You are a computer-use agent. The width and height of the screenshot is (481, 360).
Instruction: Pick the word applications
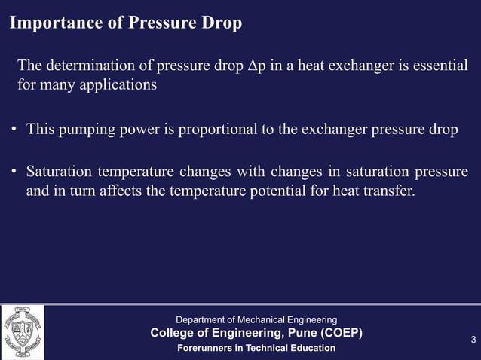pyautogui.click(x=121, y=84)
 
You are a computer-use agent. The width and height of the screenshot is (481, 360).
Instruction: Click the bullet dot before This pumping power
pyautogui.click(x=14, y=129)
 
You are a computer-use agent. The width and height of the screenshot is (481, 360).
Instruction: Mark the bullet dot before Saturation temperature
pyautogui.click(x=14, y=172)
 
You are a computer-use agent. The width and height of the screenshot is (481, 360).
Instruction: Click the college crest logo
pyautogui.click(x=22, y=332)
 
